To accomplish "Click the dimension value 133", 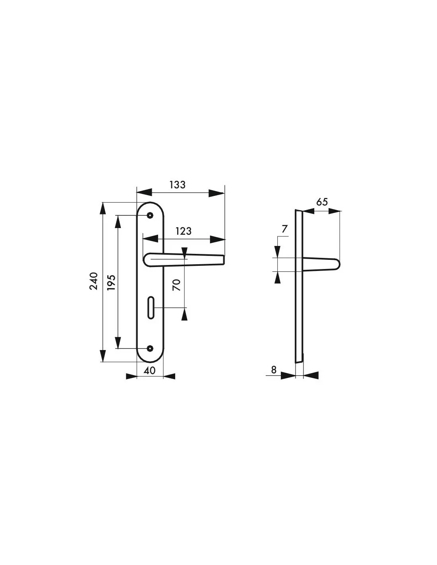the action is pos(178,185).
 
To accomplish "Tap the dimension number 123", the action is pos(184,231).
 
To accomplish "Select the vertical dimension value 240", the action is pos(94,281).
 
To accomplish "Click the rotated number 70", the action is pos(176,285).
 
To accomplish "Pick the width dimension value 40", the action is pos(149,371).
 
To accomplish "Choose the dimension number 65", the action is pos(322,202).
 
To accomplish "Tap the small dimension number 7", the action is pos(285,229).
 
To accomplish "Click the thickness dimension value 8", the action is pos(274,370).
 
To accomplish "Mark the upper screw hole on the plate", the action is pos(150,215).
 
